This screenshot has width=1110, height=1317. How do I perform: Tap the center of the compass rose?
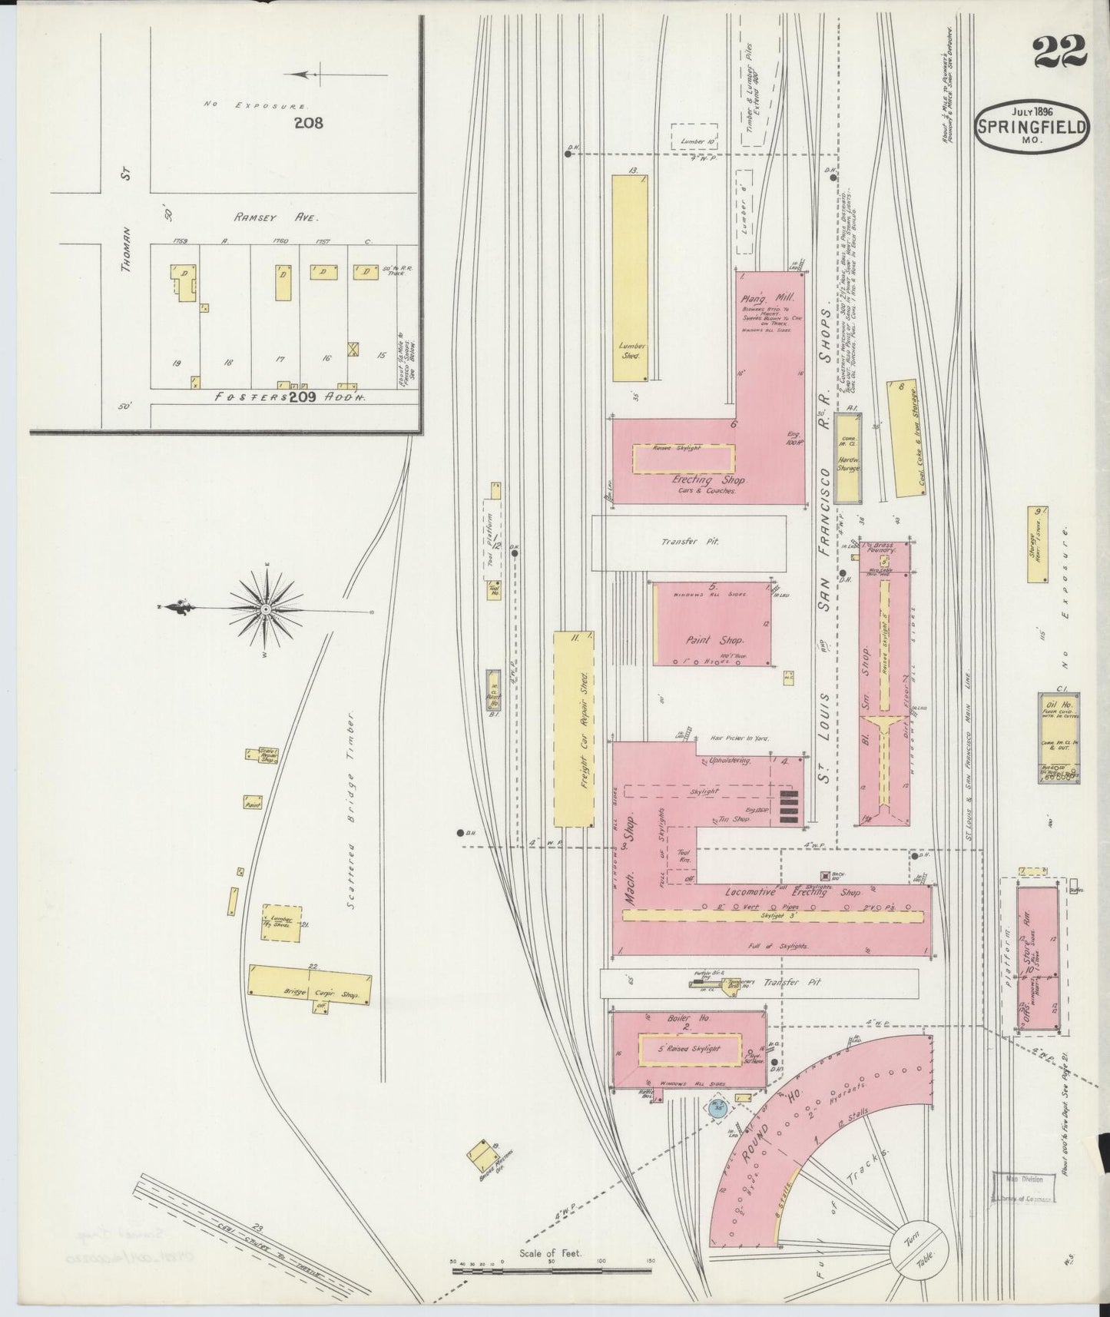point(264,609)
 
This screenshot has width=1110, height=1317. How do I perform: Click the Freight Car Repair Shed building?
point(574,729)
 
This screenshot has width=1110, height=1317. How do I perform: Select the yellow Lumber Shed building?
point(631,277)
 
